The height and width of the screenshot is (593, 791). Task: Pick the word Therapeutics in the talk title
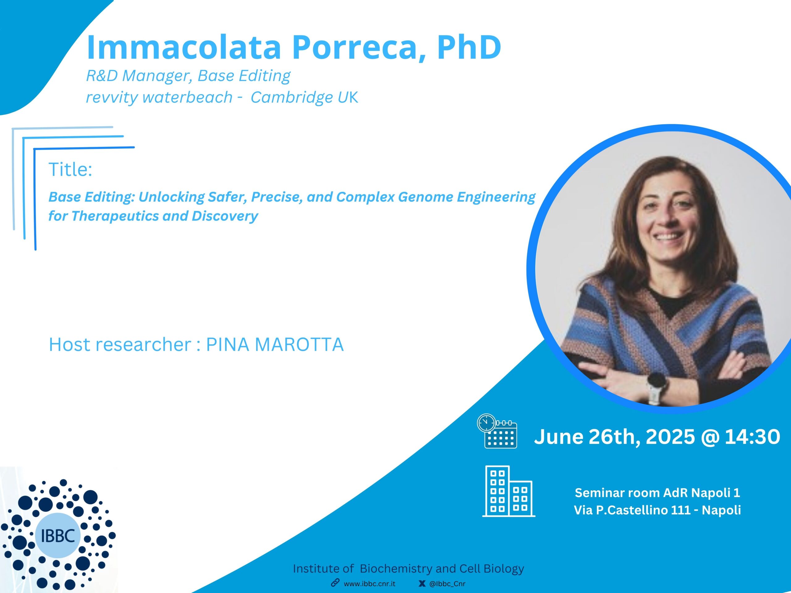(x=115, y=216)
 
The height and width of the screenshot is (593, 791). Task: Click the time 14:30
(x=752, y=436)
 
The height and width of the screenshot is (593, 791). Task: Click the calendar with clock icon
(x=497, y=431)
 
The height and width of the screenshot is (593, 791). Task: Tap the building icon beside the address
(x=509, y=491)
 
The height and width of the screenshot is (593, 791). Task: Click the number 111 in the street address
(x=681, y=510)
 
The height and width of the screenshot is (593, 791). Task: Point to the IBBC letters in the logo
(x=58, y=535)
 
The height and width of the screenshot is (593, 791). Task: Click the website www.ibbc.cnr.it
(x=370, y=584)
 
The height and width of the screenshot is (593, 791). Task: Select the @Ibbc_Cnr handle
(x=447, y=584)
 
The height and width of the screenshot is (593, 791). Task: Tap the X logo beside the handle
(x=422, y=584)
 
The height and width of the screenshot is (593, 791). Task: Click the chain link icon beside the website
(x=335, y=583)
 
